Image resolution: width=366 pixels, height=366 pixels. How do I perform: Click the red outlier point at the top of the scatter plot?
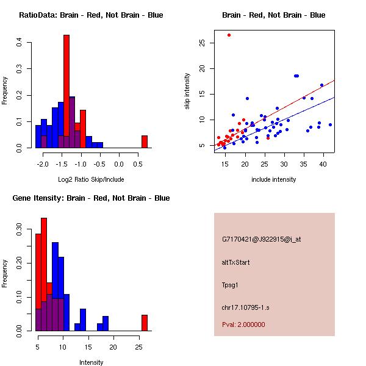(x=229, y=35)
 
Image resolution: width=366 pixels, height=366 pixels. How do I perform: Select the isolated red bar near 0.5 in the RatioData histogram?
(x=145, y=142)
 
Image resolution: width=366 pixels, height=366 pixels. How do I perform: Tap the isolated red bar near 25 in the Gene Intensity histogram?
(x=145, y=323)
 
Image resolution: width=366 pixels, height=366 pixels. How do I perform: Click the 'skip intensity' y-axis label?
(x=187, y=91)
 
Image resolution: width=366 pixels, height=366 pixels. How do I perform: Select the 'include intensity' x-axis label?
(x=274, y=179)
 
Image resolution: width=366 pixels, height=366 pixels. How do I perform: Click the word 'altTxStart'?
(x=236, y=262)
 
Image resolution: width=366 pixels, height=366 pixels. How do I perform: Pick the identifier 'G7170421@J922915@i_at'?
(x=262, y=239)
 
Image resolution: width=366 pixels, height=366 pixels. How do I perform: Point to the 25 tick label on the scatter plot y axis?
(x=201, y=43)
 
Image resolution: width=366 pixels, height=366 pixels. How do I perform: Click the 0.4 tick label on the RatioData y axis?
(x=20, y=43)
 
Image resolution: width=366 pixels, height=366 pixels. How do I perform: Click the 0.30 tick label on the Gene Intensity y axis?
(x=20, y=232)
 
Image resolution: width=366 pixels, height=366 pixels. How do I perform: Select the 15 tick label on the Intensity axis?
(x=88, y=347)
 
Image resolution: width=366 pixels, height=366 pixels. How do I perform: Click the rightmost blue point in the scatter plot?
(x=330, y=124)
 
